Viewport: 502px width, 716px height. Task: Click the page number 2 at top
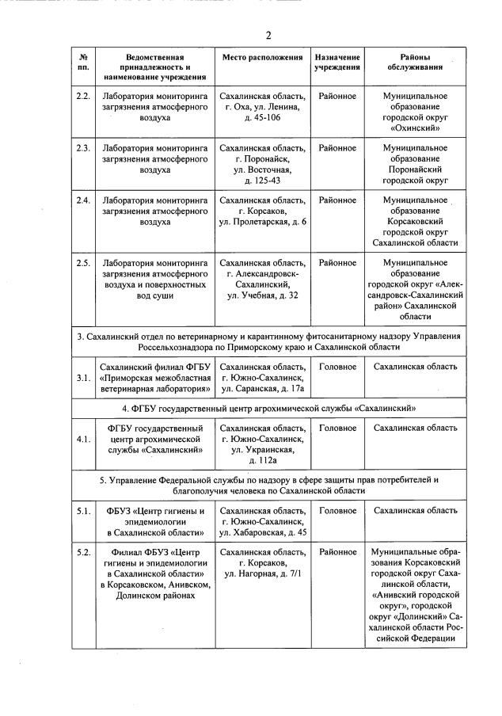(x=268, y=36)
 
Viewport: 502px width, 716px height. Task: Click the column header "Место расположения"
(x=262, y=58)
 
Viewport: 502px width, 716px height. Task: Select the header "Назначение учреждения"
(x=337, y=63)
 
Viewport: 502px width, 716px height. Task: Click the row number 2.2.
(x=82, y=96)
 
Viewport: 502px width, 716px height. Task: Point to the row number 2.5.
(x=82, y=263)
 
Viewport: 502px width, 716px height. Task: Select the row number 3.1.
(x=82, y=378)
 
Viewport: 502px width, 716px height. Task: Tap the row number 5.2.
(x=82, y=551)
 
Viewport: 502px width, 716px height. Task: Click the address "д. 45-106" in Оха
(x=262, y=116)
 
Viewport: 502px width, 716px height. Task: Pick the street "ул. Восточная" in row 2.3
(x=262, y=169)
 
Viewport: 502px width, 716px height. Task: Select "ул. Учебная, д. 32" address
(x=262, y=295)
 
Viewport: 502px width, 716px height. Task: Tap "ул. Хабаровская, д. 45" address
(x=262, y=531)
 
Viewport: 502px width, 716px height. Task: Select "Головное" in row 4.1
(x=337, y=428)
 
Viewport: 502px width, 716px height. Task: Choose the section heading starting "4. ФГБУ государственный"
(x=268, y=408)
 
